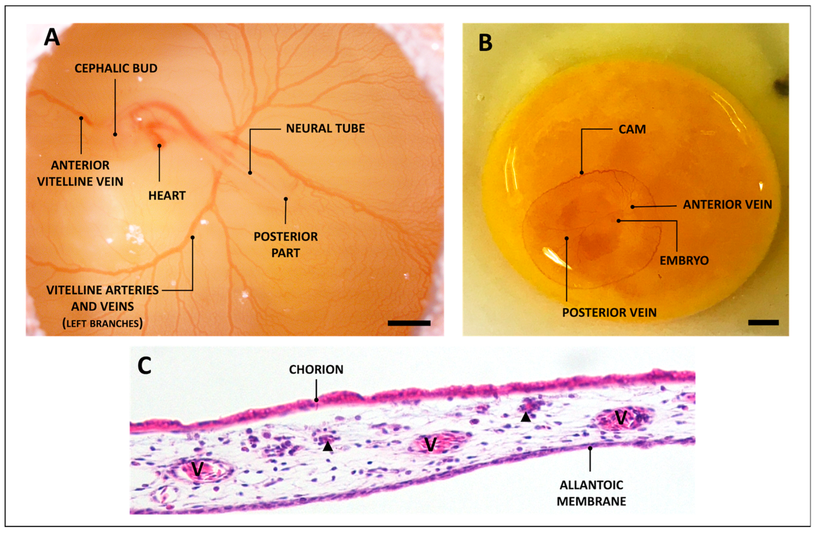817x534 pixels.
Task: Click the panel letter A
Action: click(x=52, y=37)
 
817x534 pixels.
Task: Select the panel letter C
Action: click(x=144, y=366)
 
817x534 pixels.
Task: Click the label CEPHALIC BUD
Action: click(x=116, y=68)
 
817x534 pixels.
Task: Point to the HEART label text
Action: click(x=167, y=195)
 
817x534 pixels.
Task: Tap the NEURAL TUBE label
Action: click(x=326, y=128)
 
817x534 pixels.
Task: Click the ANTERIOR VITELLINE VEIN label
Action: click(x=80, y=173)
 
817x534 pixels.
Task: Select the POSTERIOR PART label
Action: click(x=286, y=245)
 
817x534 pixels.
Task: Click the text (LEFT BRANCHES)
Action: click(x=102, y=323)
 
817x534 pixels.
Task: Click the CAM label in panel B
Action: click(x=632, y=129)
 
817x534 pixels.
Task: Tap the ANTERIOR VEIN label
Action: click(x=727, y=204)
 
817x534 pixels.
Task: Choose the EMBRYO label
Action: click(x=684, y=261)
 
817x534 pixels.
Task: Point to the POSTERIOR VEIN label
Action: click(x=609, y=312)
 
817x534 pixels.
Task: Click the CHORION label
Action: click(x=316, y=369)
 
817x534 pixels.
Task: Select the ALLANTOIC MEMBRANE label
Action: click(x=591, y=493)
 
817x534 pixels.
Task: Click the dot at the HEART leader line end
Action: click(x=159, y=146)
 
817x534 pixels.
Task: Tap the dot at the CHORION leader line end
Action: click(x=317, y=400)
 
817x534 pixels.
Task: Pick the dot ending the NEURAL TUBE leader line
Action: click(x=250, y=172)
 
